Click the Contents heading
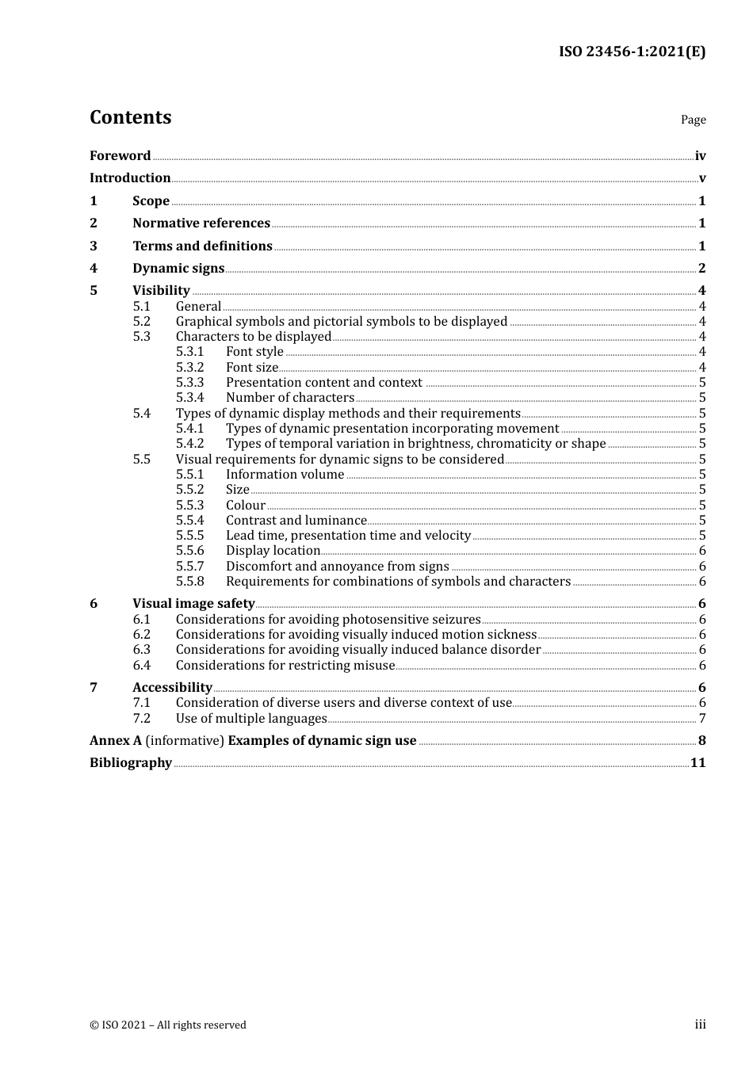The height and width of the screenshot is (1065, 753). (130, 117)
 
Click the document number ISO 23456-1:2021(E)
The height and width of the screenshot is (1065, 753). (632, 52)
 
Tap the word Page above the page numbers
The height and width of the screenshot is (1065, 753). (693, 120)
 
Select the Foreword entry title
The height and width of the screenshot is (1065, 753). (120, 156)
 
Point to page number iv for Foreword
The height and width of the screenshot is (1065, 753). (700, 156)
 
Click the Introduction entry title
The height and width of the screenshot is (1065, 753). (130, 178)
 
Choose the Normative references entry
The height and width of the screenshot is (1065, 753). (201, 223)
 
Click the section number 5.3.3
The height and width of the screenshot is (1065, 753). (189, 383)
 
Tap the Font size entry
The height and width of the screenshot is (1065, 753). (252, 368)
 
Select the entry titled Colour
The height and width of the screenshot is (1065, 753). (246, 506)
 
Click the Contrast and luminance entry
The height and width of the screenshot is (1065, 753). (296, 521)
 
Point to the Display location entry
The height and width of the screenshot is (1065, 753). (273, 551)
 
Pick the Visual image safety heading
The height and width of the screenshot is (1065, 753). (193, 604)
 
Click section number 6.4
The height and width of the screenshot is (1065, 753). (141, 666)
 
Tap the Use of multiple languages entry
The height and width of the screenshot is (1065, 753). (251, 719)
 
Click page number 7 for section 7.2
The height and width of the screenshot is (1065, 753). (702, 719)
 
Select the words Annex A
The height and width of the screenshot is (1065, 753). (116, 741)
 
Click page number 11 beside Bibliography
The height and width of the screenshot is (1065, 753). (698, 763)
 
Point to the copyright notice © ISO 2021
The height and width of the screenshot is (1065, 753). (167, 1025)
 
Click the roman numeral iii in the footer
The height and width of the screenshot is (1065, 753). (700, 1025)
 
